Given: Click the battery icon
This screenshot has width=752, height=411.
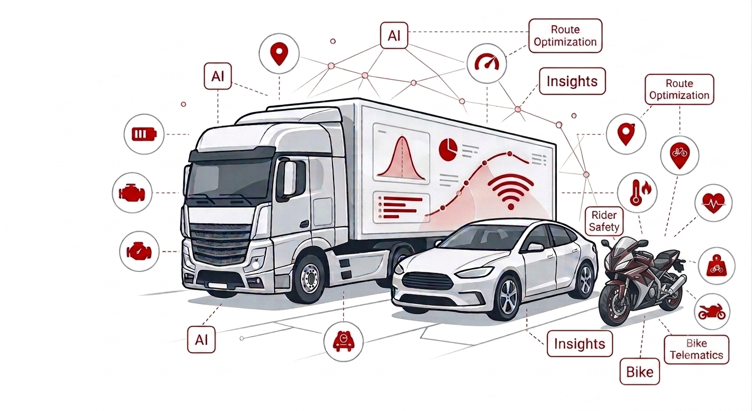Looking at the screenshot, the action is [144, 134].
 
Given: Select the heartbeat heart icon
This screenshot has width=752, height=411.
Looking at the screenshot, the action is [714, 203].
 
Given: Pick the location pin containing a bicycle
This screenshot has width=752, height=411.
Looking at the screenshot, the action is [680, 156].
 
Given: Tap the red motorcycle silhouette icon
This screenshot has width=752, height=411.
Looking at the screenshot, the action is [712, 311].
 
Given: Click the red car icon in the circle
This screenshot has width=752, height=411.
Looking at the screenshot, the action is [343, 341].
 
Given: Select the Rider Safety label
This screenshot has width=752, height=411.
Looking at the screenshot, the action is [604, 221].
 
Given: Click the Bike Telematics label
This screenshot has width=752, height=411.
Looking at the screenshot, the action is [696, 349].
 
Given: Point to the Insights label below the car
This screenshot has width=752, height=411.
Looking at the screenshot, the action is [579, 344].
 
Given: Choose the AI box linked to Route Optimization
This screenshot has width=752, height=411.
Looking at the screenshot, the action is [394, 35].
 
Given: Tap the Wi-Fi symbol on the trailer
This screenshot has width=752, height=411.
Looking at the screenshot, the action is [510, 192].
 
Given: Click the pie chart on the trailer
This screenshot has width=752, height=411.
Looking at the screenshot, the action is [448, 149].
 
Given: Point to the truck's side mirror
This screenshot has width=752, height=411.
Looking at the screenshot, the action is [290, 179].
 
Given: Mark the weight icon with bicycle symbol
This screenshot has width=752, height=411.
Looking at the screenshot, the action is [716, 265].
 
